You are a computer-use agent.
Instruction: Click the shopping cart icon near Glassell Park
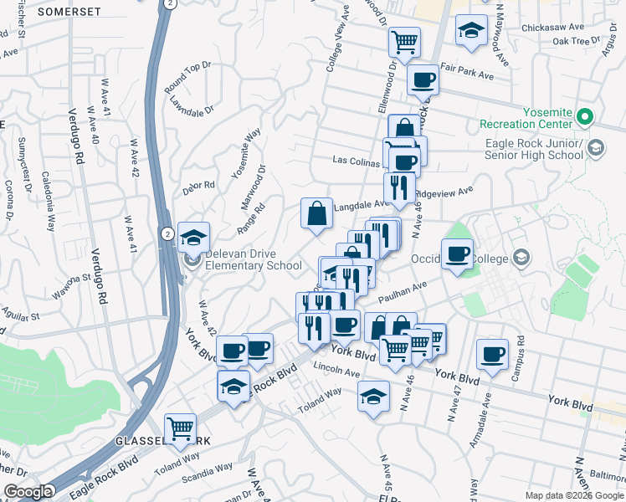click(181, 428)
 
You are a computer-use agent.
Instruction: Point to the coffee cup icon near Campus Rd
click(492, 353)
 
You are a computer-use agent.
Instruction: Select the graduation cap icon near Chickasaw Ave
click(471, 30)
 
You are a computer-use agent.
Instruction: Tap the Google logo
click(28, 492)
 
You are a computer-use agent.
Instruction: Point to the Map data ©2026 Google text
click(574, 494)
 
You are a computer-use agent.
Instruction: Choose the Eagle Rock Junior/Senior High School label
click(534, 149)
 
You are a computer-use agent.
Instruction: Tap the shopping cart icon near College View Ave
click(405, 40)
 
